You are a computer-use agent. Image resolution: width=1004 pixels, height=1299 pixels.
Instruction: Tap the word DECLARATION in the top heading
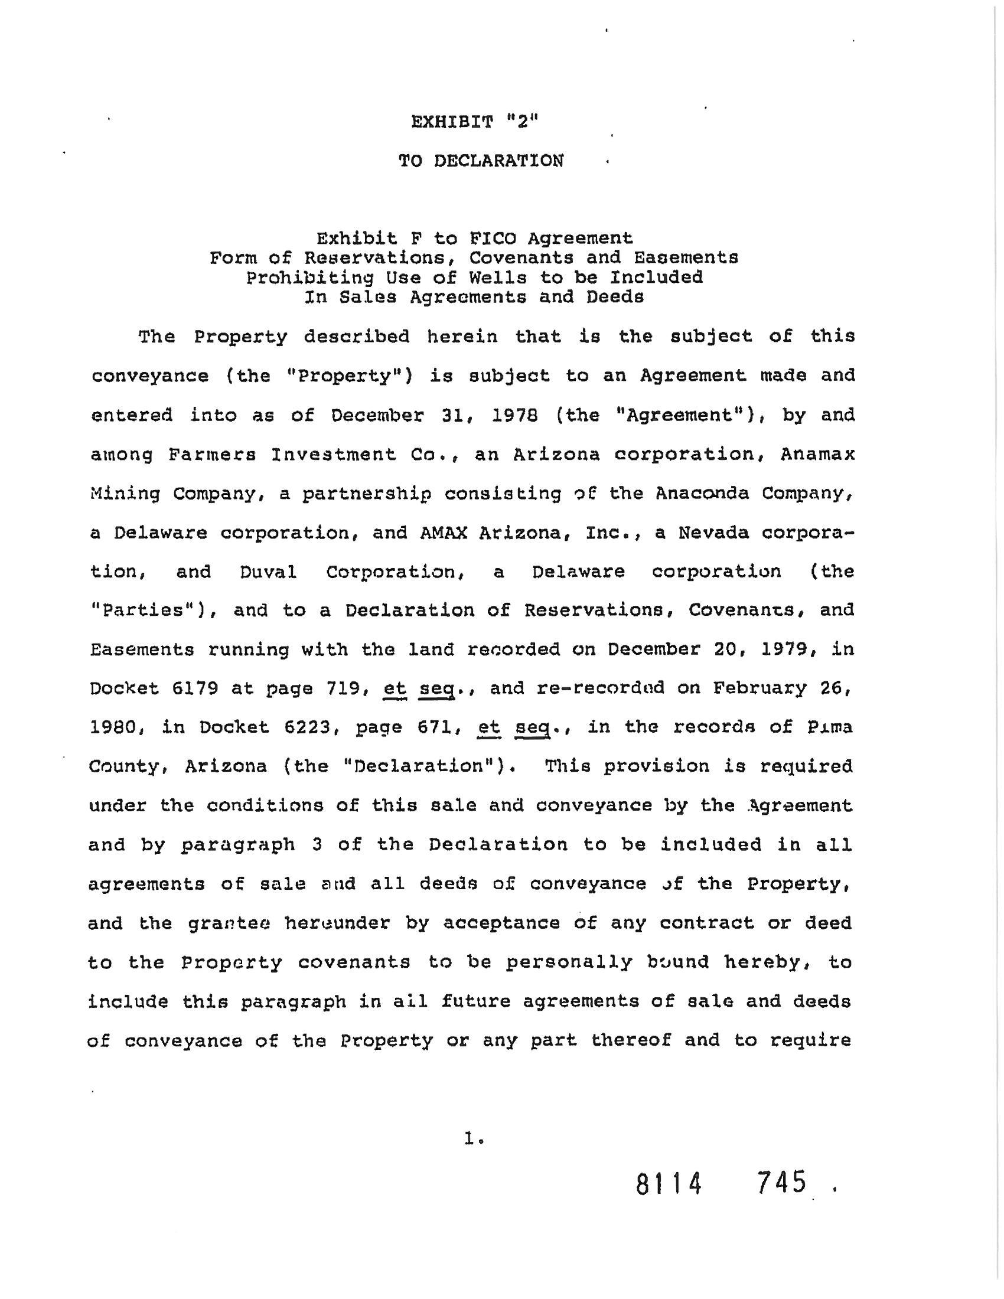(498, 161)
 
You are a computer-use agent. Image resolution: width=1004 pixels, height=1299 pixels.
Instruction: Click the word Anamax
(817, 455)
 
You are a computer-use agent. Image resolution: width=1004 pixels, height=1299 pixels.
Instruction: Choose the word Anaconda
(702, 493)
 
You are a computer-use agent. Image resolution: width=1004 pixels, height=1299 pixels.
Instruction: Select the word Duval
(268, 572)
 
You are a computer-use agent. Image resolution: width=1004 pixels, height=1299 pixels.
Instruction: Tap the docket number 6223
(306, 727)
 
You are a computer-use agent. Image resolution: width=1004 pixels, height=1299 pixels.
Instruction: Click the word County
(124, 766)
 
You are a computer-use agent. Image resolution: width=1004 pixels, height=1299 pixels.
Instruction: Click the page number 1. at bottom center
(475, 1138)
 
